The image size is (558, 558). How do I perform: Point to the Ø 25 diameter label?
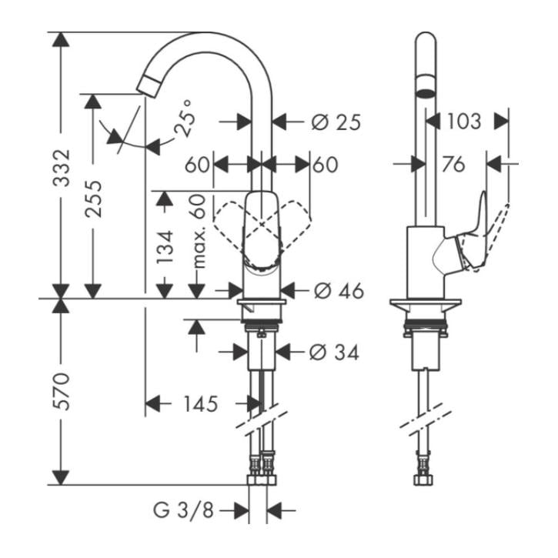pos(336,122)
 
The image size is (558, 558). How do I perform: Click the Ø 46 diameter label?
pos(337,290)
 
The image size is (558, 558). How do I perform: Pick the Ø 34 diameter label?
pos(334,352)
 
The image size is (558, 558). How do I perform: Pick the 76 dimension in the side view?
pos(454,164)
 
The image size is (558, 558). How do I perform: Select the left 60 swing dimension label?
pos(198,165)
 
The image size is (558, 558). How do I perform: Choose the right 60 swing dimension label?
pos(325,165)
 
